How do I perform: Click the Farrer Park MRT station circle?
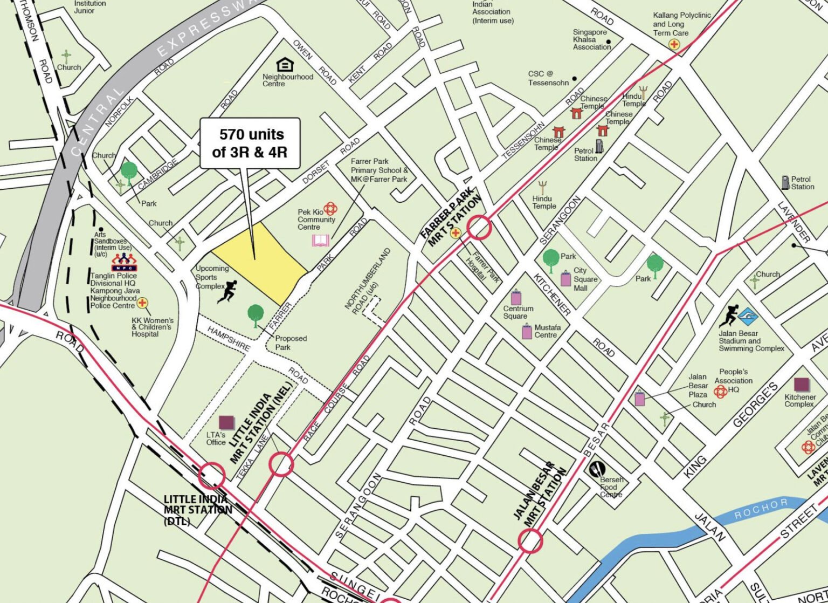click(x=479, y=227)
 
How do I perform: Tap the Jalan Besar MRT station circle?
click(x=530, y=540)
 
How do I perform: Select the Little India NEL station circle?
click(x=281, y=464)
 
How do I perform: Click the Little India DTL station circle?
click(x=212, y=475)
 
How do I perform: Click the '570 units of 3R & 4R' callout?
click(x=250, y=143)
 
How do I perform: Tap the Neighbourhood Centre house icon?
click(x=285, y=65)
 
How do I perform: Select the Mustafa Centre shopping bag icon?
click(x=527, y=331)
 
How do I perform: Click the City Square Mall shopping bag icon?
click(x=565, y=278)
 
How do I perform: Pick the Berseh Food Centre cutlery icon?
click(x=597, y=470)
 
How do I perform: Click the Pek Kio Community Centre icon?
click(x=330, y=209)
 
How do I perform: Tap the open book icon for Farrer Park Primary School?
click(x=320, y=241)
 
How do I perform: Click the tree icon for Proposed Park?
click(x=256, y=314)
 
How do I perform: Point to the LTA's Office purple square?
click(x=226, y=422)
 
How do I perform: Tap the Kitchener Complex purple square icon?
click(x=802, y=385)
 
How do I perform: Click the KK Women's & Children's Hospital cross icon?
click(x=142, y=303)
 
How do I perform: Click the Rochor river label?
click(x=760, y=508)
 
